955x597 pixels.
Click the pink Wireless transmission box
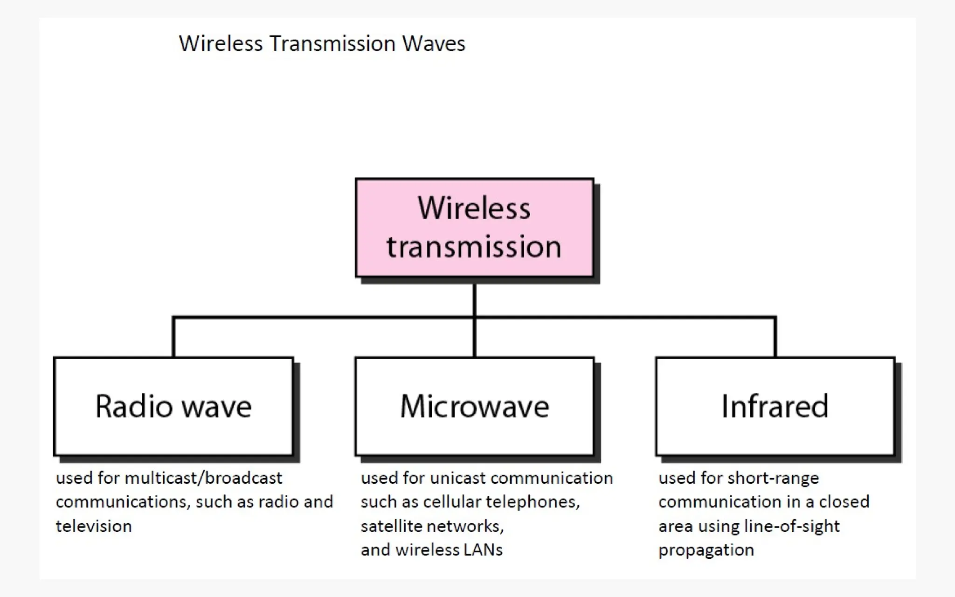click(474, 228)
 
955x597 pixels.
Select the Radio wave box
click(173, 406)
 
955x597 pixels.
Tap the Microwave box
click(474, 406)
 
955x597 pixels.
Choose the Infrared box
click(775, 406)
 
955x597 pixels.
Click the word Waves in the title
click(434, 44)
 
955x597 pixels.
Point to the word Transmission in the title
click(332, 44)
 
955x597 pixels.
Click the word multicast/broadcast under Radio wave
click(203, 479)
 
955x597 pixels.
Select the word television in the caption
click(94, 527)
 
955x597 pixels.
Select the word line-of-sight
click(792, 527)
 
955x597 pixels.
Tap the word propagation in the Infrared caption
click(706, 550)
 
